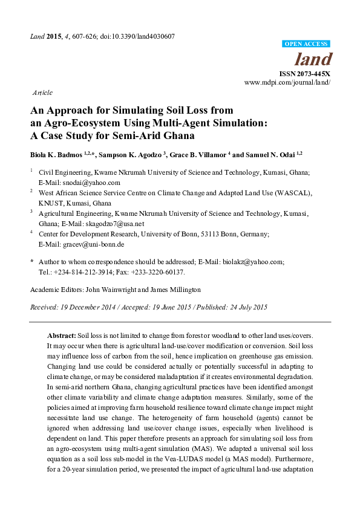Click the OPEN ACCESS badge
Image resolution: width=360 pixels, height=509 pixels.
click(x=306, y=44)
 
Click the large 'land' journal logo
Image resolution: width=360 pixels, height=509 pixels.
click(x=313, y=59)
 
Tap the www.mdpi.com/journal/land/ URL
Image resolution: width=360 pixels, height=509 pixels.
click(x=287, y=82)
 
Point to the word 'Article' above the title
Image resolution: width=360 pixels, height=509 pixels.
click(x=42, y=93)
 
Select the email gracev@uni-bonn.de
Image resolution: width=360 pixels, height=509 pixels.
click(x=94, y=244)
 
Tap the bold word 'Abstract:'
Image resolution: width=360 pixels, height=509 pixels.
click(x=62, y=335)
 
